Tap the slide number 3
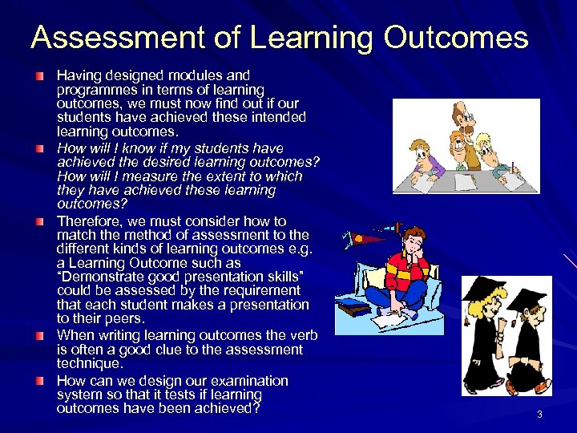(x=539, y=414)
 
